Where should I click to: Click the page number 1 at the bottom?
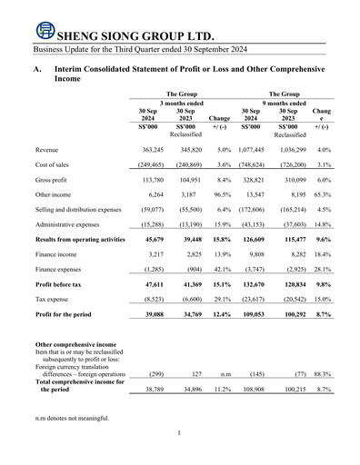[180, 458]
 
